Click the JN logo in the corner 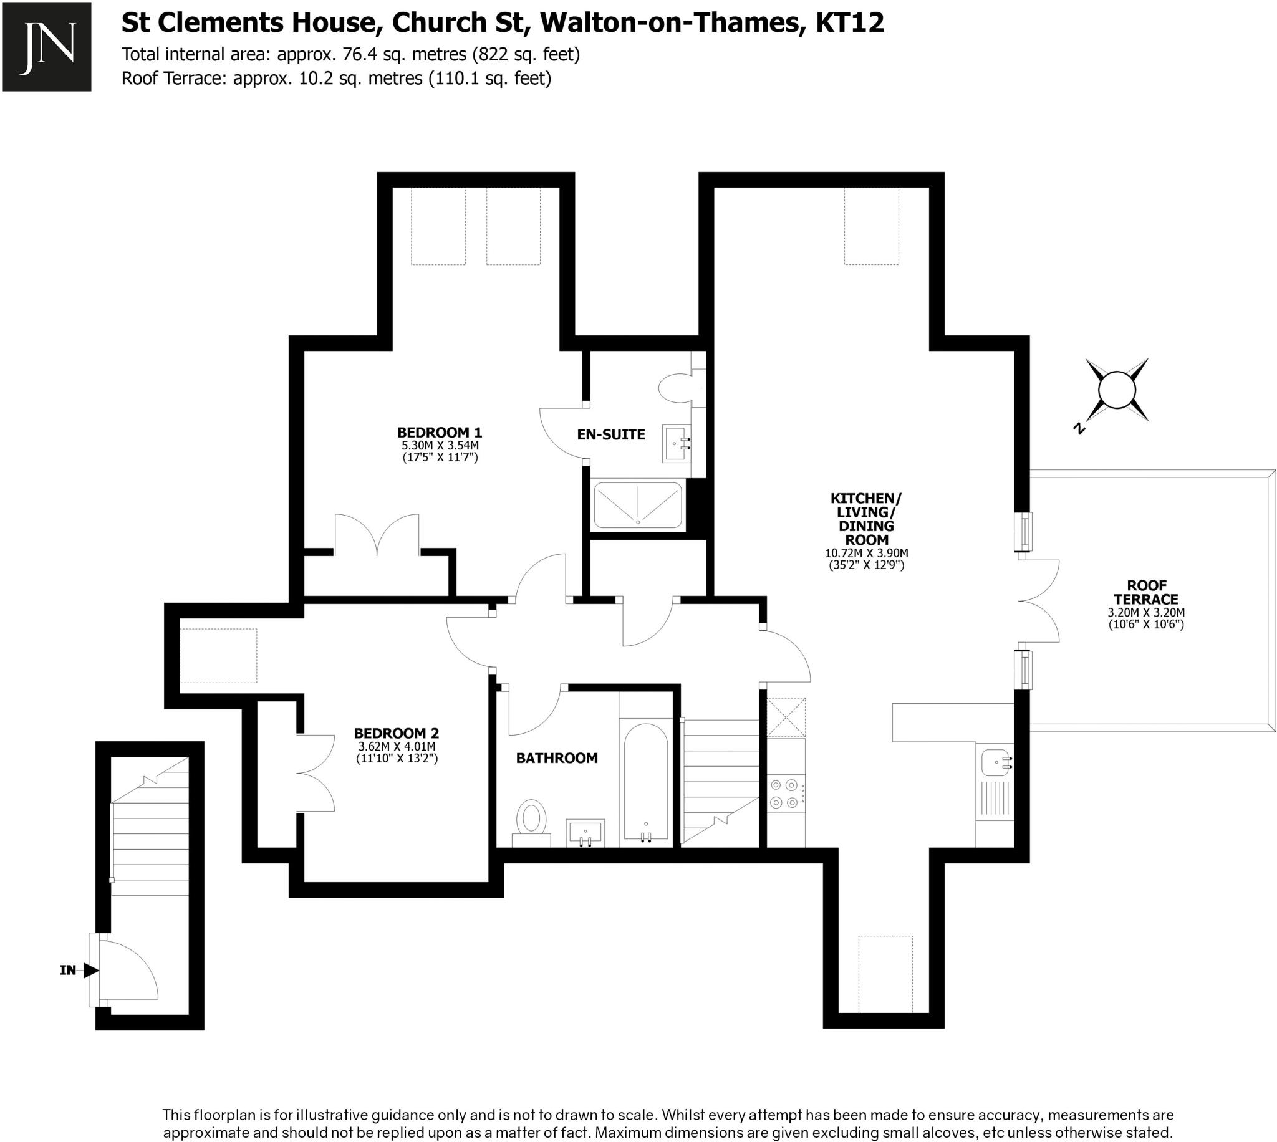(47, 47)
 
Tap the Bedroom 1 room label (439, 433)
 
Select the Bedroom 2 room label (396, 733)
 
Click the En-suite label (610, 434)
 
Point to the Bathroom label (557, 758)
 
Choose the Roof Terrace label (1146, 592)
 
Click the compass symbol (1117, 390)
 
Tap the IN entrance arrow (90, 970)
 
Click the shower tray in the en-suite (637, 505)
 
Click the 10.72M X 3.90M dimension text (866, 554)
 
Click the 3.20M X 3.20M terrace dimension (1146, 613)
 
